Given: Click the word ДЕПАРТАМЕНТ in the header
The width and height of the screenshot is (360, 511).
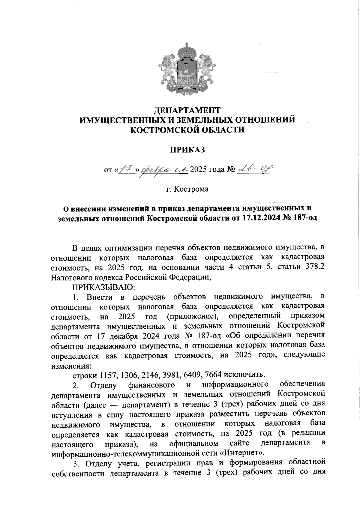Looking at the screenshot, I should pyautogui.click(x=187, y=110).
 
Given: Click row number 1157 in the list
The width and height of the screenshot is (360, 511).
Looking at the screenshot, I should pyautogui.click(x=107, y=375).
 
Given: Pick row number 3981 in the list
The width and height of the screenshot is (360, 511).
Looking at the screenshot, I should pyautogui.click(x=172, y=375).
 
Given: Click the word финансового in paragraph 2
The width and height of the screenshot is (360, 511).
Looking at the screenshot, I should pyautogui.click(x=151, y=384).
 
